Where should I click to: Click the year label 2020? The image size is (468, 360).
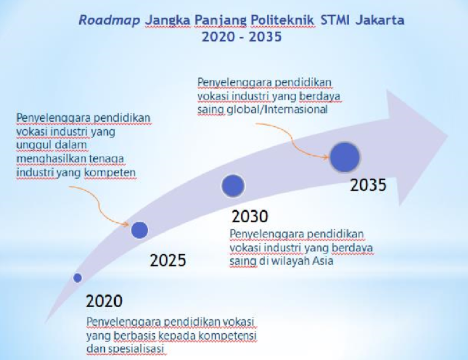[x=104, y=300]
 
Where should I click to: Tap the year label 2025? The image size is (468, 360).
[x=168, y=261]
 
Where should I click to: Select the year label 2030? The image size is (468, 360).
[x=250, y=216]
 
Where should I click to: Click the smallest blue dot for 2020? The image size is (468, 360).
[x=77, y=278]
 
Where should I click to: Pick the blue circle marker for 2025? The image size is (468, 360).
[x=140, y=229]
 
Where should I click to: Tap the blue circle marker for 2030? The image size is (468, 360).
[x=233, y=185]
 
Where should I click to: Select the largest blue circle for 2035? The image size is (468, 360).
[x=346, y=157]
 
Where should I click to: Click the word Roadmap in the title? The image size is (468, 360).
[x=109, y=20]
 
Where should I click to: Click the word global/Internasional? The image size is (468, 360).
[x=294, y=110]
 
